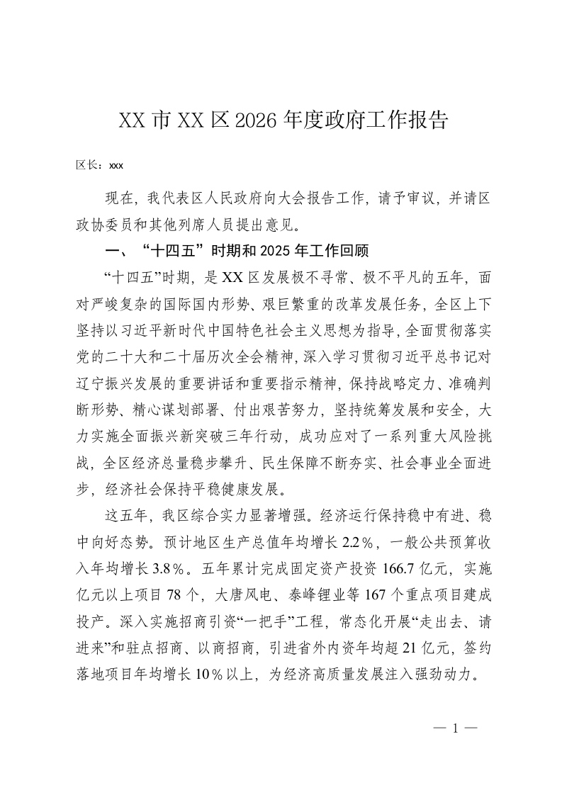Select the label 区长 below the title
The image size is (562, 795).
[88, 166]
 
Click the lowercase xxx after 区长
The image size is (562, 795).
[116, 167]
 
